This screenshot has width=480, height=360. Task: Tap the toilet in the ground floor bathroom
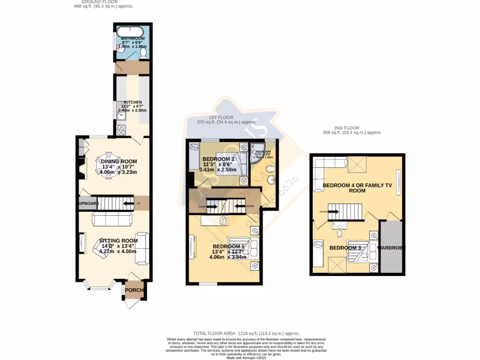coord(144,54)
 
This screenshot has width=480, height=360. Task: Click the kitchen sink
coord(119,112)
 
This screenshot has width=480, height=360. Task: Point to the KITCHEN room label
coord(133,102)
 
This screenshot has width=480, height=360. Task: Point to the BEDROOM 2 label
coord(218,159)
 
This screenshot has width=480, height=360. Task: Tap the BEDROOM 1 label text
coord(228,247)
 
